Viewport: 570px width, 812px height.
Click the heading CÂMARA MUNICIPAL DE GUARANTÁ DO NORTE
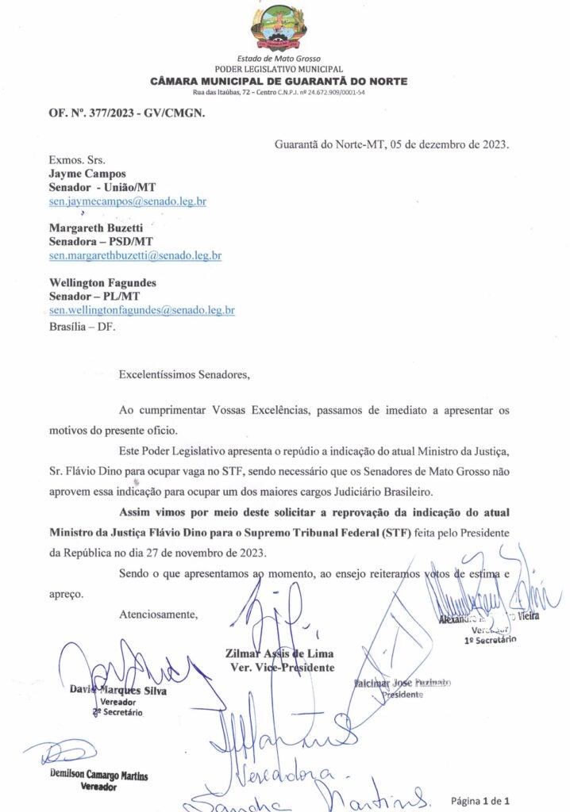[x=279, y=82]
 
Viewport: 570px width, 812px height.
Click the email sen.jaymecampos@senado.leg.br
[x=128, y=201]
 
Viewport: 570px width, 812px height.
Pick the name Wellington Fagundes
[x=102, y=282]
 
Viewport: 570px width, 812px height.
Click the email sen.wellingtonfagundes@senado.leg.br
[x=141, y=311]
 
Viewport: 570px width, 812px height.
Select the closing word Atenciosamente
[x=158, y=614]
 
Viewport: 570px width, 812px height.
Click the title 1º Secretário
[x=491, y=638]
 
